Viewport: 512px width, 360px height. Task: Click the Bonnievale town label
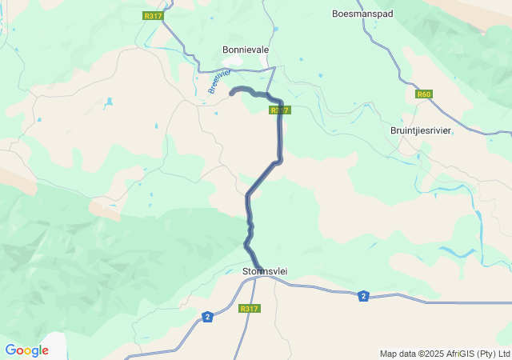tap(245, 50)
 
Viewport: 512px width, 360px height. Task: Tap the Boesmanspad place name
tap(362, 14)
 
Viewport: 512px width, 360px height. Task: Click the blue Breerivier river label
tap(214, 81)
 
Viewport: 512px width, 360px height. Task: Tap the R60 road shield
tap(424, 94)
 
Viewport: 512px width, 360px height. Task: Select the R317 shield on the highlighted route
tap(278, 110)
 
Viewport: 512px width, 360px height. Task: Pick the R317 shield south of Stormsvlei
tap(250, 309)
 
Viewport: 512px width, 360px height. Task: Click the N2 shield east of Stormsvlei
tap(363, 295)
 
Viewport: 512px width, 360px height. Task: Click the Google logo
tap(26, 350)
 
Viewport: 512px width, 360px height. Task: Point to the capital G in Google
tap(10, 350)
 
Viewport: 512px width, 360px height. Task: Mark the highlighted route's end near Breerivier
tap(232, 94)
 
